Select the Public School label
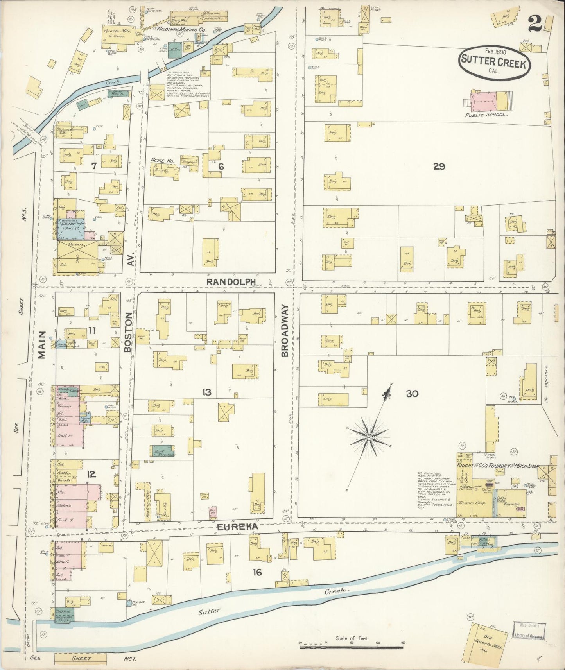click(486, 115)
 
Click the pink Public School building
click(485, 100)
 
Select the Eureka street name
click(238, 527)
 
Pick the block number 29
click(439, 167)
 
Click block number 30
click(412, 394)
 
